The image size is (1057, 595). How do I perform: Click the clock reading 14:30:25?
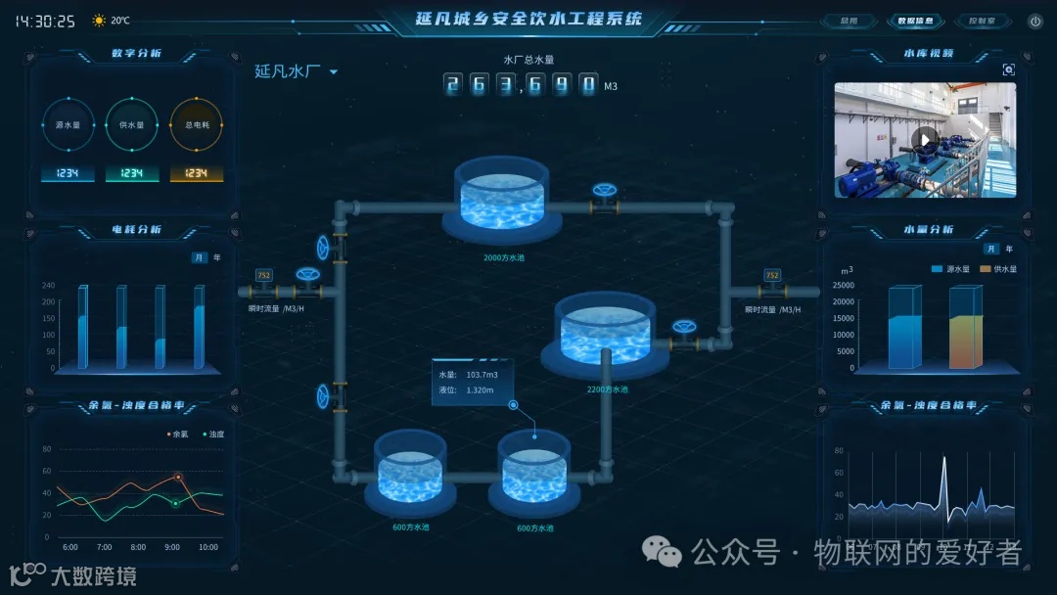click(45, 21)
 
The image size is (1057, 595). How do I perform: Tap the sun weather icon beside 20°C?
click(99, 21)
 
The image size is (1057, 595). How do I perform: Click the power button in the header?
click(1034, 21)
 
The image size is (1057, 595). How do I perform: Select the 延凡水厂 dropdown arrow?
click(334, 71)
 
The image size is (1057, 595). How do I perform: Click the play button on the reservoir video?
click(924, 140)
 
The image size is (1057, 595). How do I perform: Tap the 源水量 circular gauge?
click(68, 125)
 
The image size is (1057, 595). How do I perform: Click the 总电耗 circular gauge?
click(197, 125)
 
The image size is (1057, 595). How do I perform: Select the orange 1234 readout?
click(197, 174)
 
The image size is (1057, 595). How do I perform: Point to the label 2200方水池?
click(608, 389)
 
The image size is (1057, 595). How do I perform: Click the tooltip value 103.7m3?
click(482, 375)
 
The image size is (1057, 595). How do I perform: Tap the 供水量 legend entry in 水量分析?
click(999, 268)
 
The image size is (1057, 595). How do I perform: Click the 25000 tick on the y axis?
click(843, 286)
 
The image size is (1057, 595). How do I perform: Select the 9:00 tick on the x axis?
click(173, 547)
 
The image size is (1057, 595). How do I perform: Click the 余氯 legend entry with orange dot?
click(177, 434)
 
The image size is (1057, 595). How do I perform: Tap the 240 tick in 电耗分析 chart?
click(48, 286)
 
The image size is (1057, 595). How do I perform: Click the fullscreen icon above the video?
click(1009, 69)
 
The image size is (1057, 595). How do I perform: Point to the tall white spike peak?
click(943, 459)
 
